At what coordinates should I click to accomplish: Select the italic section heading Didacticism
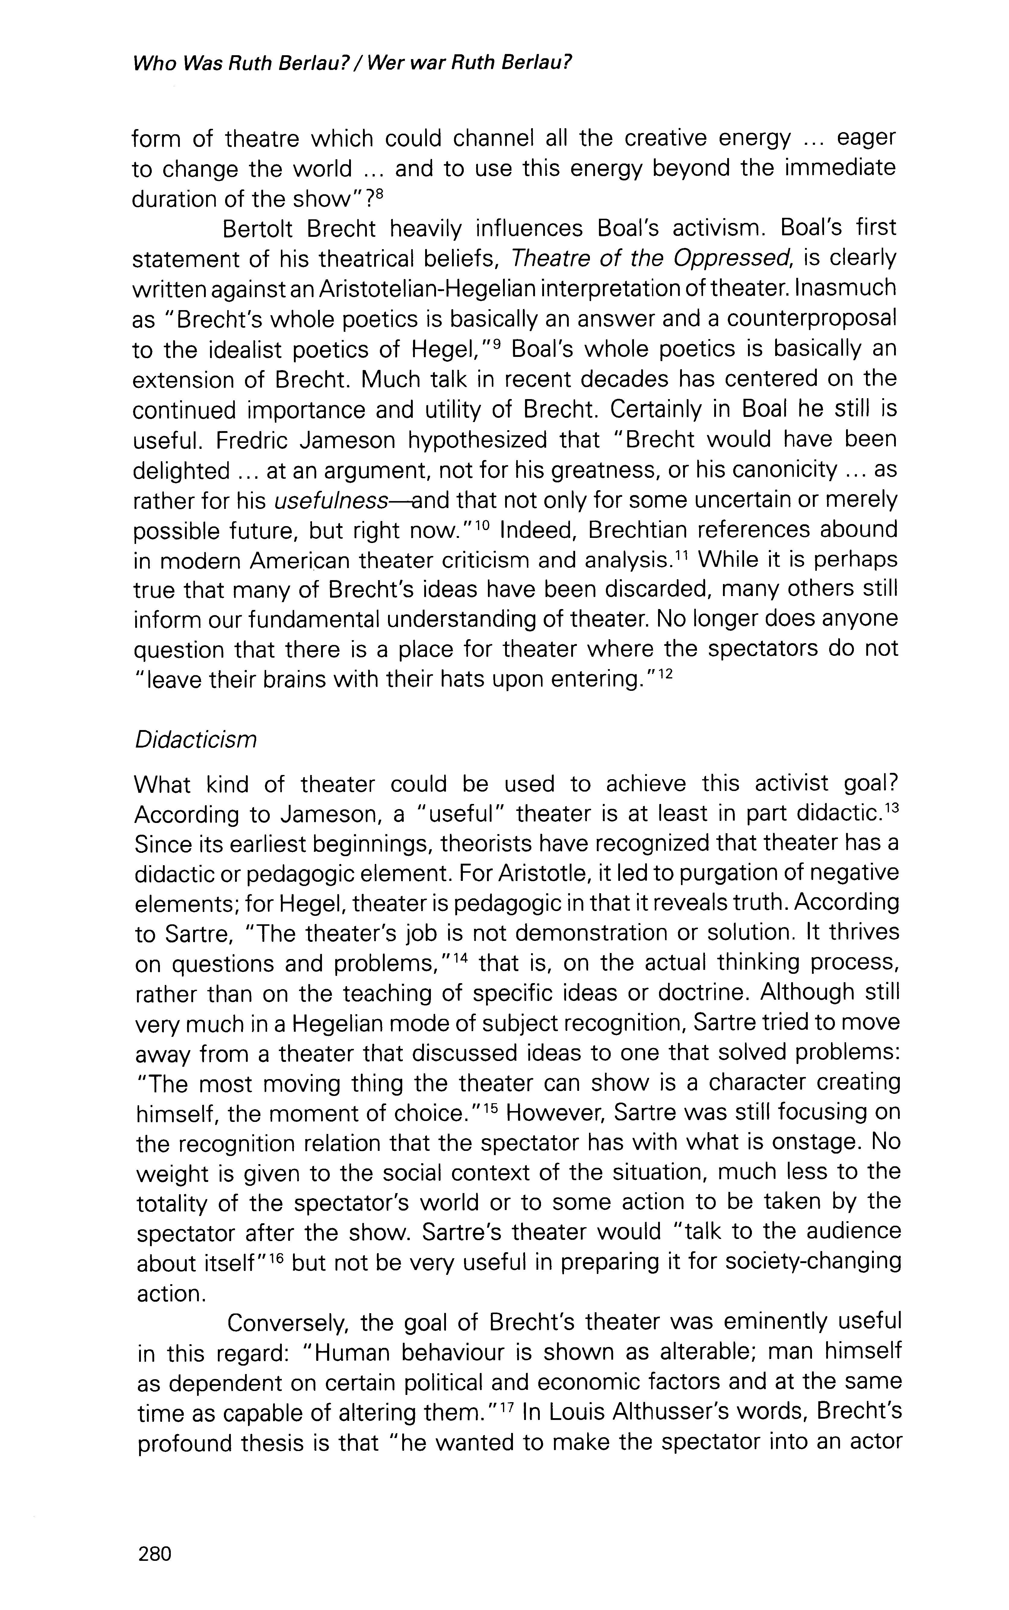point(196,741)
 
